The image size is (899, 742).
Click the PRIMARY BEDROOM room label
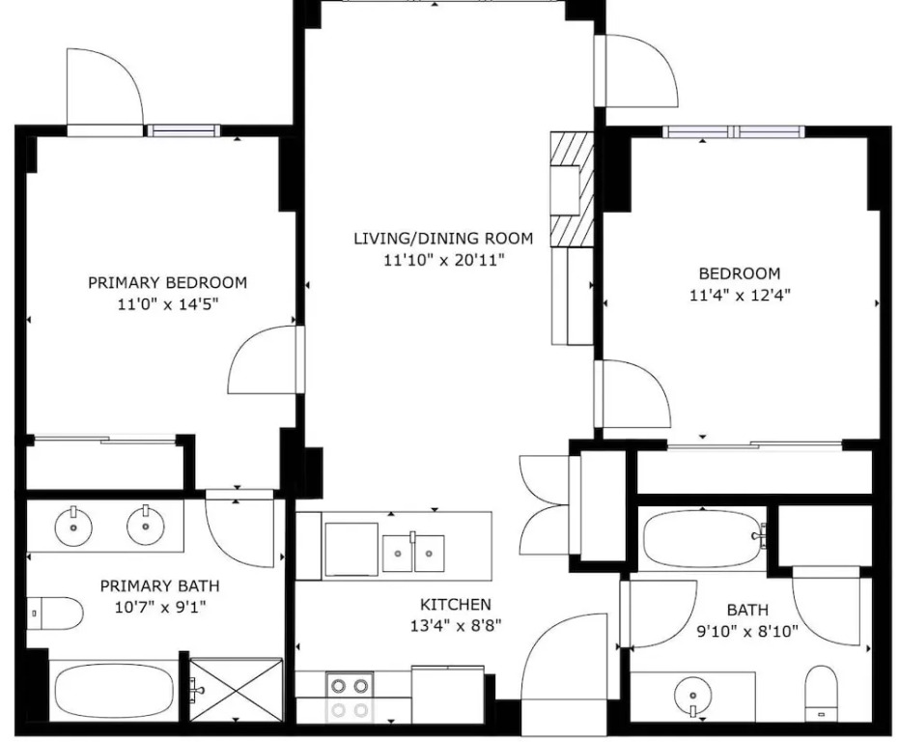pyautogui.click(x=167, y=282)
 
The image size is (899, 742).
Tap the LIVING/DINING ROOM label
pyautogui.click(x=443, y=238)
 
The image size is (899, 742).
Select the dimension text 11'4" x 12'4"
pyautogui.click(x=741, y=296)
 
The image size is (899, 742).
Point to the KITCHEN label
pyautogui.click(x=456, y=604)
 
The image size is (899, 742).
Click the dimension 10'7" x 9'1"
pyautogui.click(x=160, y=607)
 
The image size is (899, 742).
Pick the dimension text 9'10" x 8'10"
pyautogui.click(x=747, y=632)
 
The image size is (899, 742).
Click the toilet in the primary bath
pyautogui.click(x=55, y=614)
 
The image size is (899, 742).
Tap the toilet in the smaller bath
pyautogui.click(x=822, y=694)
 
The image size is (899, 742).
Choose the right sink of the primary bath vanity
pyautogui.click(x=146, y=526)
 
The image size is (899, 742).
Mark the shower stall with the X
pyautogui.click(x=237, y=689)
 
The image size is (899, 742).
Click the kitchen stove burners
pyautogui.click(x=350, y=698)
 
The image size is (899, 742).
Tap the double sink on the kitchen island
pyautogui.click(x=413, y=554)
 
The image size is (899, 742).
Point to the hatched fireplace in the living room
pyautogui.click(x=572, y=189)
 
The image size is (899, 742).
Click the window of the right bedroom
pyautogui.click(x=734, y=131)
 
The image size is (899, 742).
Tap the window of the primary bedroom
pyautogui.click(x=183, y=130)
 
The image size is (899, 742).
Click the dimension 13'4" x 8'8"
pyautogui.click(x=456, y=625)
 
